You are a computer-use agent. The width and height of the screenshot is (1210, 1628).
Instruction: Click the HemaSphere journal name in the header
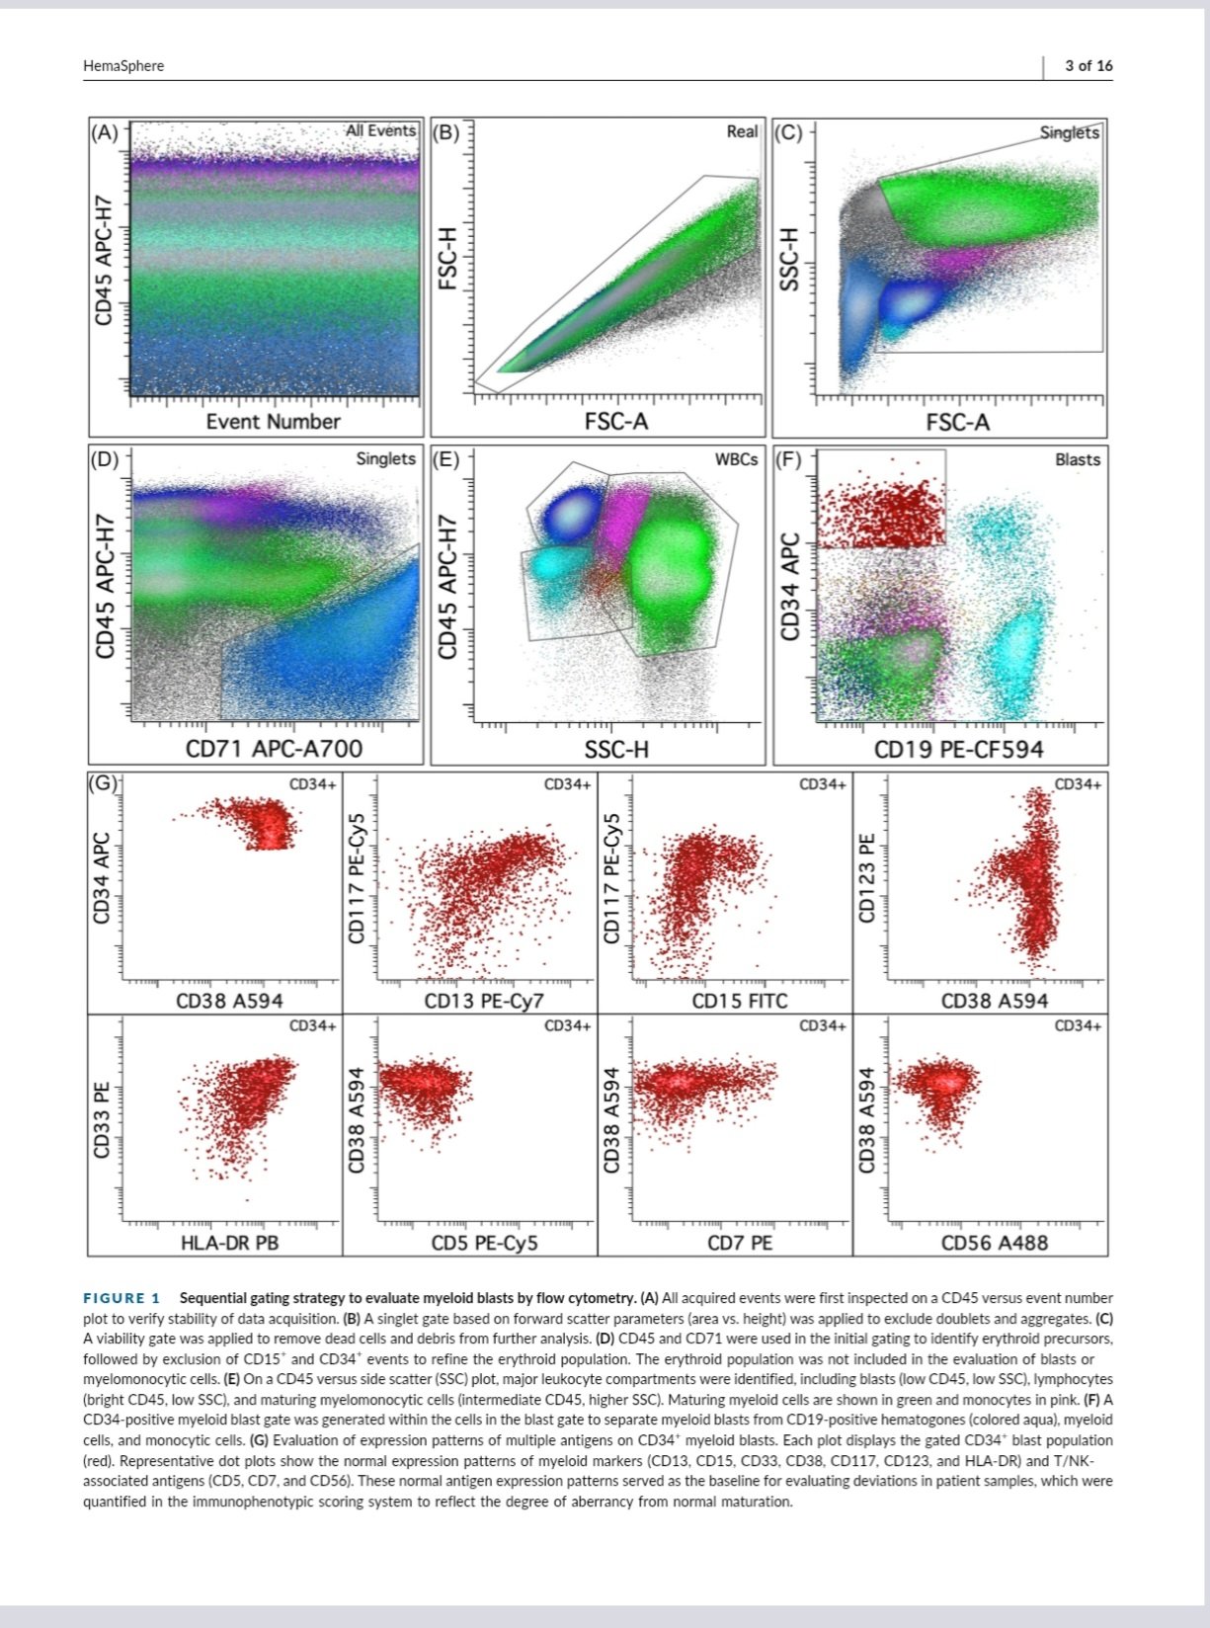point(123,66)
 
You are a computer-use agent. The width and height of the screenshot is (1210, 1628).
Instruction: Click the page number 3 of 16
point(1089,66)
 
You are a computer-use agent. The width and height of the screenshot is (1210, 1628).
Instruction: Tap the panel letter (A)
point(105,132)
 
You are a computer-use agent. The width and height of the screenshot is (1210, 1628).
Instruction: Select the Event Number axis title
point(273,422)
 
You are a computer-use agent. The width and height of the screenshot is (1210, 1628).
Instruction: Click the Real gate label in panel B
point(742,131)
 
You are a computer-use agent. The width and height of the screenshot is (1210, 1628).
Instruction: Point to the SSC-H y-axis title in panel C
point(787,260)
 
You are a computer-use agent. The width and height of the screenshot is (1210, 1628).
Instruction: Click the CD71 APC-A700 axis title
point(274,750)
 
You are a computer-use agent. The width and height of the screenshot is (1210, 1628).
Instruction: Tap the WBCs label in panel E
point(737,459)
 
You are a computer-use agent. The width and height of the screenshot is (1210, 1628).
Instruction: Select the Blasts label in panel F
point(1077,459)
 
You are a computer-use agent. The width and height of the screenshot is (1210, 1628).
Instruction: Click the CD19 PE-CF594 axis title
point(958,750)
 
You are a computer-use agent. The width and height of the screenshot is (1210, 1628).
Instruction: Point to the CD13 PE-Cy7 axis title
point(484,1001)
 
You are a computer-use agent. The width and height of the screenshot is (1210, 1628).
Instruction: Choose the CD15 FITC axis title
point(740,1001)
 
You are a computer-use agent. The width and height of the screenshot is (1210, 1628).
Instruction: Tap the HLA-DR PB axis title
point(229,1243)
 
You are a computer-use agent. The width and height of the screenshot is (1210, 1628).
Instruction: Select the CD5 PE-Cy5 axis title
point(484,1243)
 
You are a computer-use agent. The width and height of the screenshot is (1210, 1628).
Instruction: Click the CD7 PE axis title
point(740,1243)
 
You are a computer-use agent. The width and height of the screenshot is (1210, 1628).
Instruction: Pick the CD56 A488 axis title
point(995,1243)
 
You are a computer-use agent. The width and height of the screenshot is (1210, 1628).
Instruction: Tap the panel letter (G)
point(104,784)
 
